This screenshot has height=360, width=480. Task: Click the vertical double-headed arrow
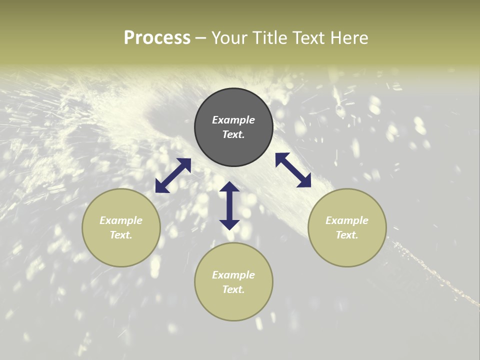click(x=229, y=205)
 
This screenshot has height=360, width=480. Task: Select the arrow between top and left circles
click(x=173, y=175)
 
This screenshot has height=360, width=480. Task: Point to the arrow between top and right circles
click(x=293, y=170)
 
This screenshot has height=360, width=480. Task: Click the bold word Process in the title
click(x=157, y=37)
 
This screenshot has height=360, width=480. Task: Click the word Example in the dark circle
click(x=233, y=120)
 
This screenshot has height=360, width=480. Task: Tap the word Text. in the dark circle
click(x=233, y=134)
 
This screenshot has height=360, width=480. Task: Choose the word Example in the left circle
click(x=121, y=220)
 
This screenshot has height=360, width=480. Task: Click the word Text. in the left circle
click(x=121, y=235)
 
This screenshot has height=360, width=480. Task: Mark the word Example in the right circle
click(x=347, y=220)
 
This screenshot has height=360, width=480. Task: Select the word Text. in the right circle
click(x=347, y=235)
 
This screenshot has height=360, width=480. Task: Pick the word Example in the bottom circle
click(x=233, y=275)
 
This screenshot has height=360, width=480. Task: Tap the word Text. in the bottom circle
click(x=233, y=289)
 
